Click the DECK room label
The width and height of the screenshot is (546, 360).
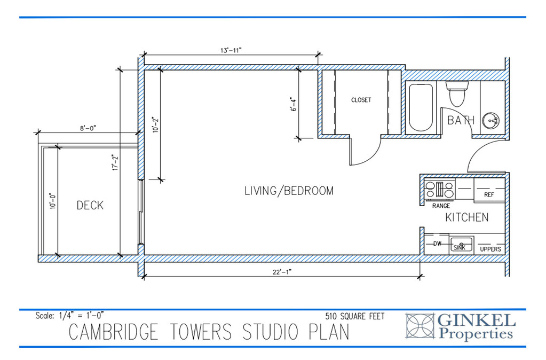[x=90, y=205]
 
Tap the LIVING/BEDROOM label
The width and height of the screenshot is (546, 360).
[x=289, y=191]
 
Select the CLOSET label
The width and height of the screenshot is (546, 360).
[x=361, y=100]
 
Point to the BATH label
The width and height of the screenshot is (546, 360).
[x=461, y=120]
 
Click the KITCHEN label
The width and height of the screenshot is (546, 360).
[x=467, y=217]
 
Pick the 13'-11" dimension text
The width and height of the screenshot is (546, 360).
[x=231, y=50]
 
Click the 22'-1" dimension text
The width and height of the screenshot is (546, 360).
[x=282, y=272]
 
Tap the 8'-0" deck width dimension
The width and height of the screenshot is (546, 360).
[x=88, y=128]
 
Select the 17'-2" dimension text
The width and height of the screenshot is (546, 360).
[x=115, y=162]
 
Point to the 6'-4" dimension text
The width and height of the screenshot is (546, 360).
[x=294, y=105]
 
